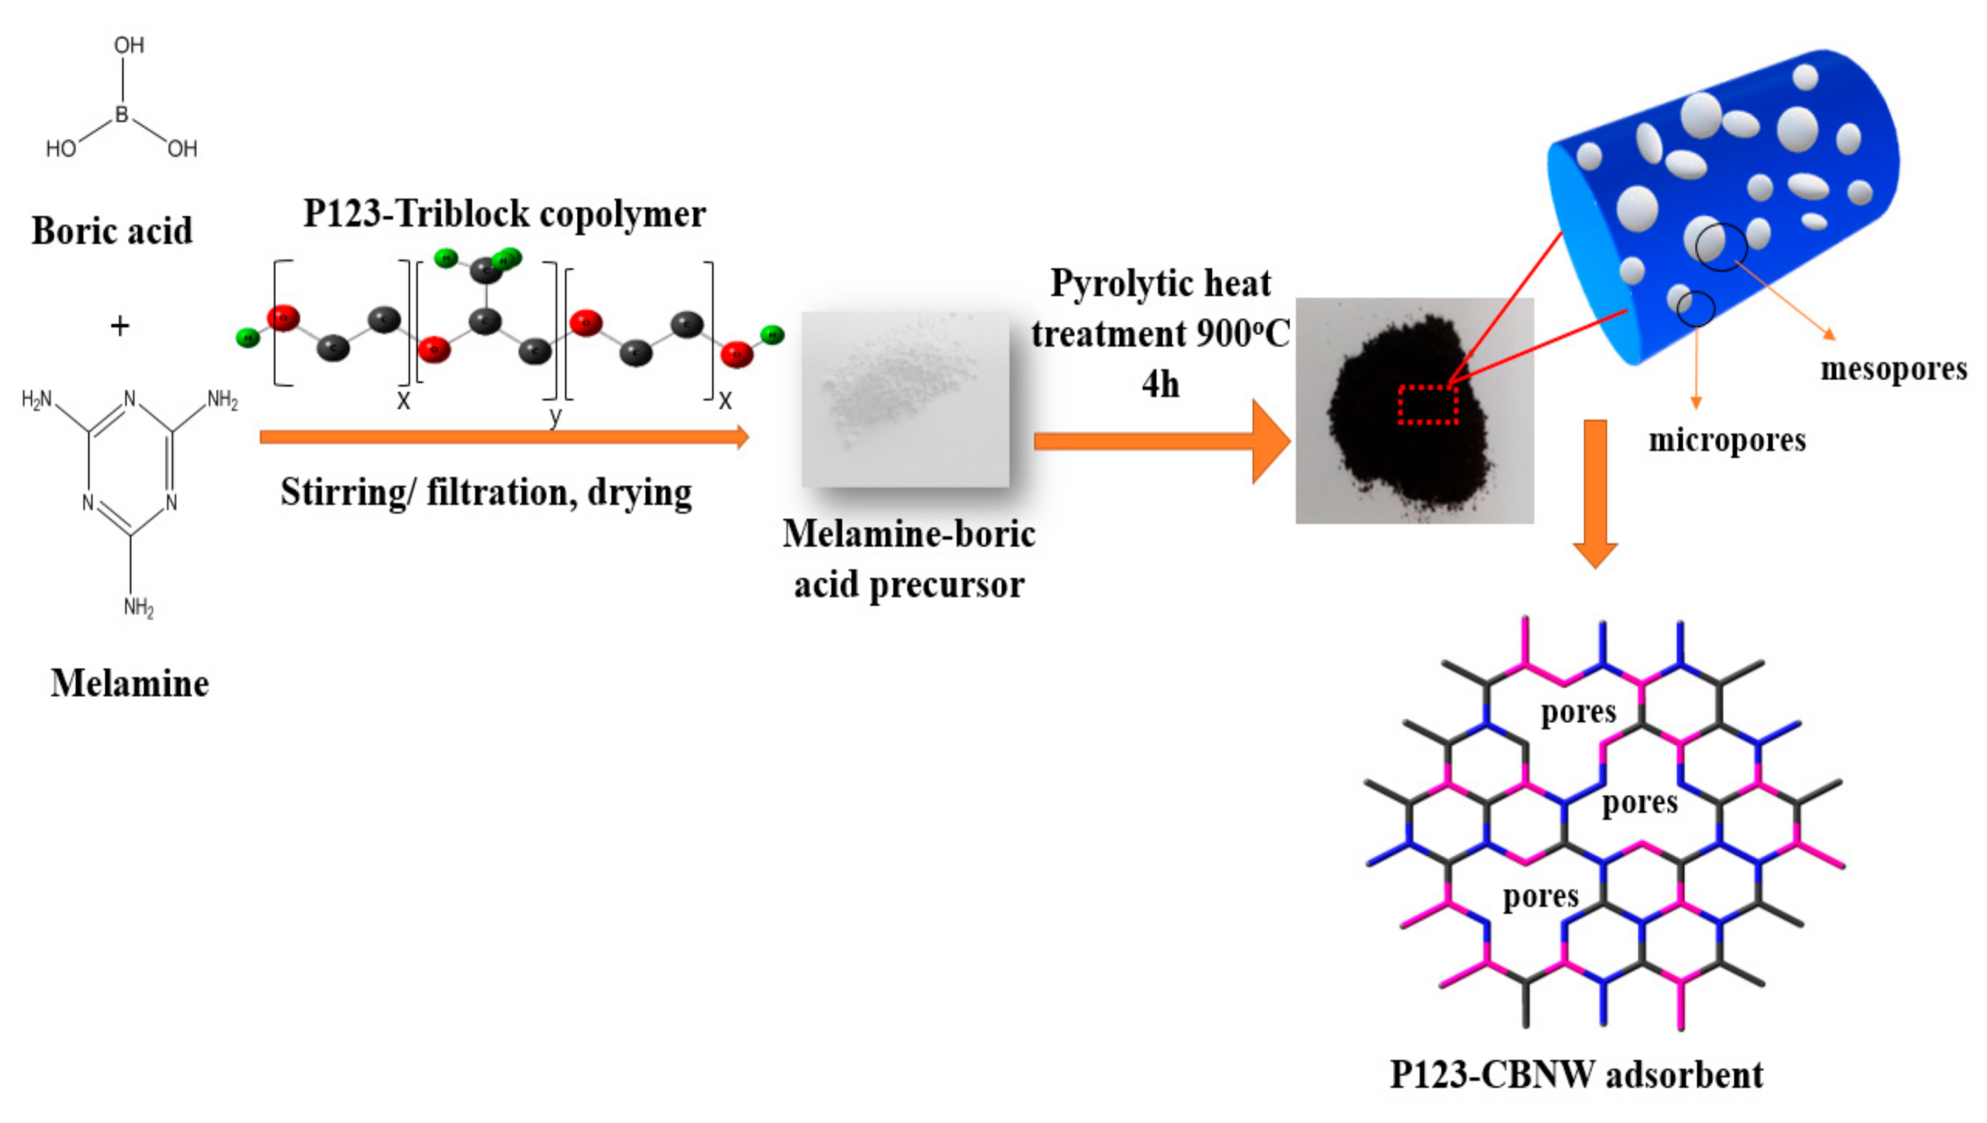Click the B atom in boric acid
click(122, 114)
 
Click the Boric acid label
click(112, 231)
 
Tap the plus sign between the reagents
click(119, 326)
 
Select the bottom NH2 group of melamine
click(139, 608)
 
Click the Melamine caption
click(129, 683)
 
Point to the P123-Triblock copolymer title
click(504, 214)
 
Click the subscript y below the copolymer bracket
click(556, 416)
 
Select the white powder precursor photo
click(905, 398)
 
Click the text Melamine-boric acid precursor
click(909, 559)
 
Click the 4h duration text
click(1160, 384)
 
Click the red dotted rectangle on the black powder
click(1428, 405)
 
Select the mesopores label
click(1894, 369)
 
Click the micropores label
click(1727, 440)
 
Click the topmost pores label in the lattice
click(1579, 712)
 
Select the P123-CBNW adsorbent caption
click(1576, 1075)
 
